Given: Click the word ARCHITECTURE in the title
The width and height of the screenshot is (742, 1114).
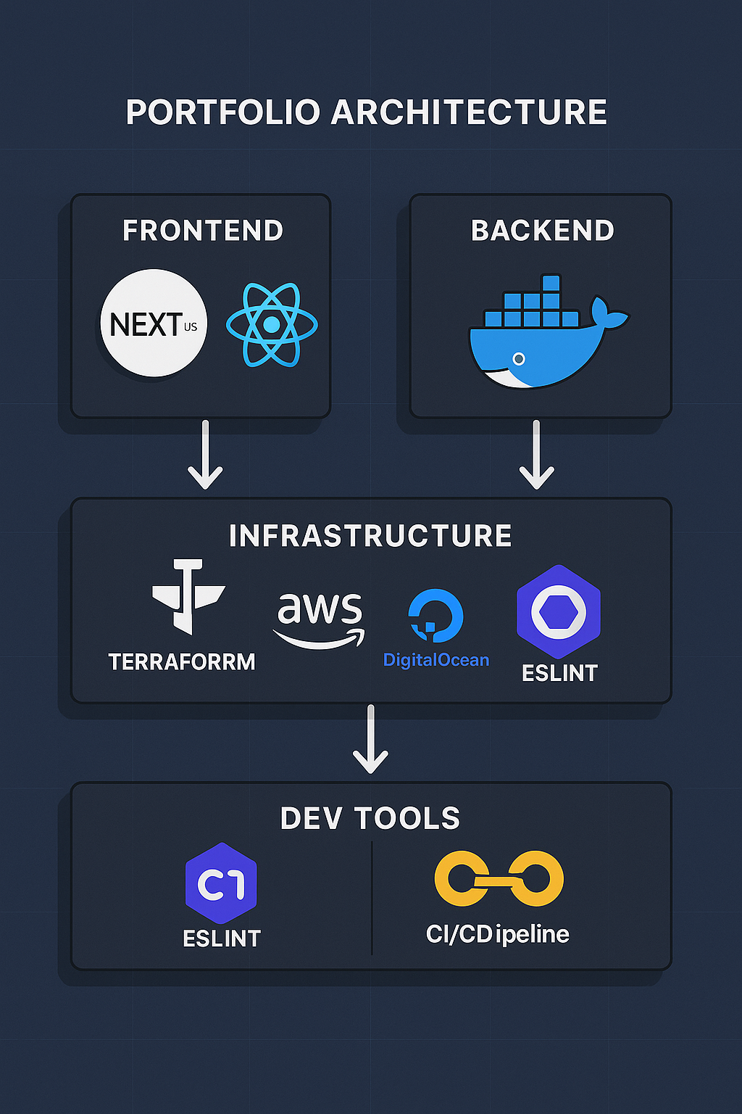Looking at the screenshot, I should (x=470, y=112).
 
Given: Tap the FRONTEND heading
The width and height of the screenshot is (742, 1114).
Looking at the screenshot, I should (x=203, y=231).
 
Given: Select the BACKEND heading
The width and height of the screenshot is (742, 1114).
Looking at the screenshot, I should (x=543, y=231).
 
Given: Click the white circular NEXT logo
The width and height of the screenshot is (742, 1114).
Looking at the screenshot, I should (x=154, y=323).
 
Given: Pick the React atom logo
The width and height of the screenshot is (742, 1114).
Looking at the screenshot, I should (x=272, y=324).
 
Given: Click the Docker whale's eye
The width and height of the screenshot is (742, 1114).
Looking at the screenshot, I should (x=519, y=358).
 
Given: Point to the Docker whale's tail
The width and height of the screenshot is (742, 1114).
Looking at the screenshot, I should (x=607, y=313).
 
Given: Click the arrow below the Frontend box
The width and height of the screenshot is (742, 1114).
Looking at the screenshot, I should (x=205, y=455).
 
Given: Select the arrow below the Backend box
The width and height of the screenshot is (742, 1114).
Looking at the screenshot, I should (x=536, y=455).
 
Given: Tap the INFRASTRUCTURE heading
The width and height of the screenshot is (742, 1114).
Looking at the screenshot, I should (x=370, y=536).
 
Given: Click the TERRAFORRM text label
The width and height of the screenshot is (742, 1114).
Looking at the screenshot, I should (x=182, y=661).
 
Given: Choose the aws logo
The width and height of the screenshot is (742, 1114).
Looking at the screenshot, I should (x=320, y=617).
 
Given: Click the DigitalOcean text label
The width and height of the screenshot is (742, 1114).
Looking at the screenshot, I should (x=436, y=660).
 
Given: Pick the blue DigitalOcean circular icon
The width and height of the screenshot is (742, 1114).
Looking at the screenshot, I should (x=435, y=615).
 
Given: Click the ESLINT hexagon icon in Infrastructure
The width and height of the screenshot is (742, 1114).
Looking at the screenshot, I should (x=559, y=612).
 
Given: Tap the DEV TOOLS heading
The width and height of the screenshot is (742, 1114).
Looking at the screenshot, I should (x=370, y=818).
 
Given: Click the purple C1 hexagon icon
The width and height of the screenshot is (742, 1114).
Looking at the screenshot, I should (x=221, y=883).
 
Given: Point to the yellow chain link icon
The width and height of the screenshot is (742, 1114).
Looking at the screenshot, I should (x=499, y=879).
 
